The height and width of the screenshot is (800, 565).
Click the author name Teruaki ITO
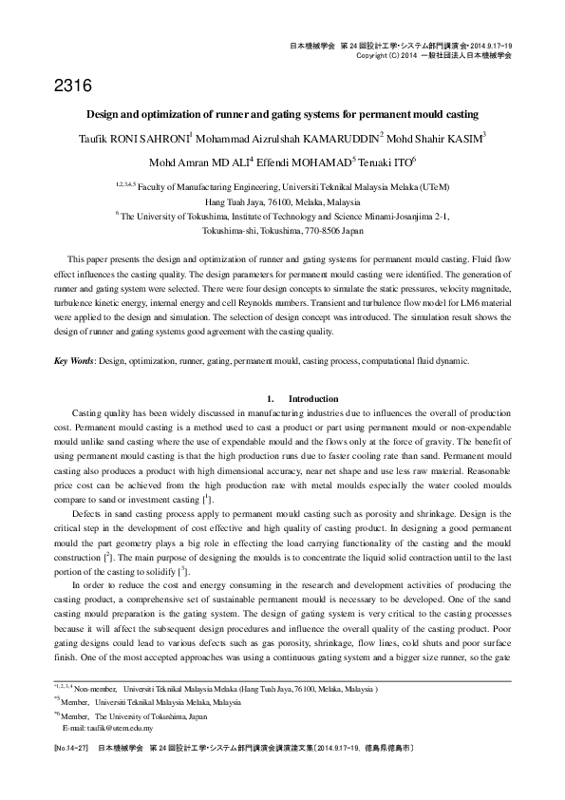pos(388,162)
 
